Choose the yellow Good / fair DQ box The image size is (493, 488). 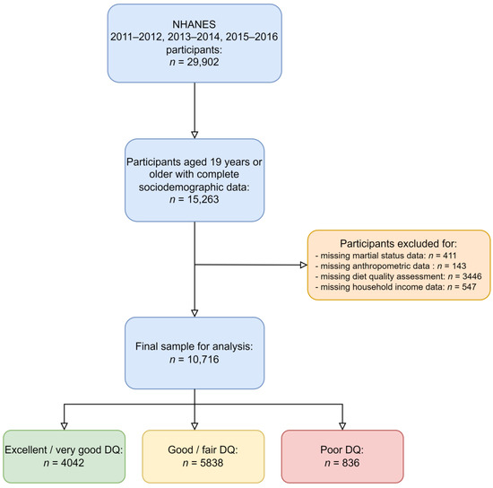195,457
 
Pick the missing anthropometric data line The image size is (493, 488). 387,268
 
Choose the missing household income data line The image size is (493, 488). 393,292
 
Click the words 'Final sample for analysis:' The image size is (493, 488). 195,320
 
